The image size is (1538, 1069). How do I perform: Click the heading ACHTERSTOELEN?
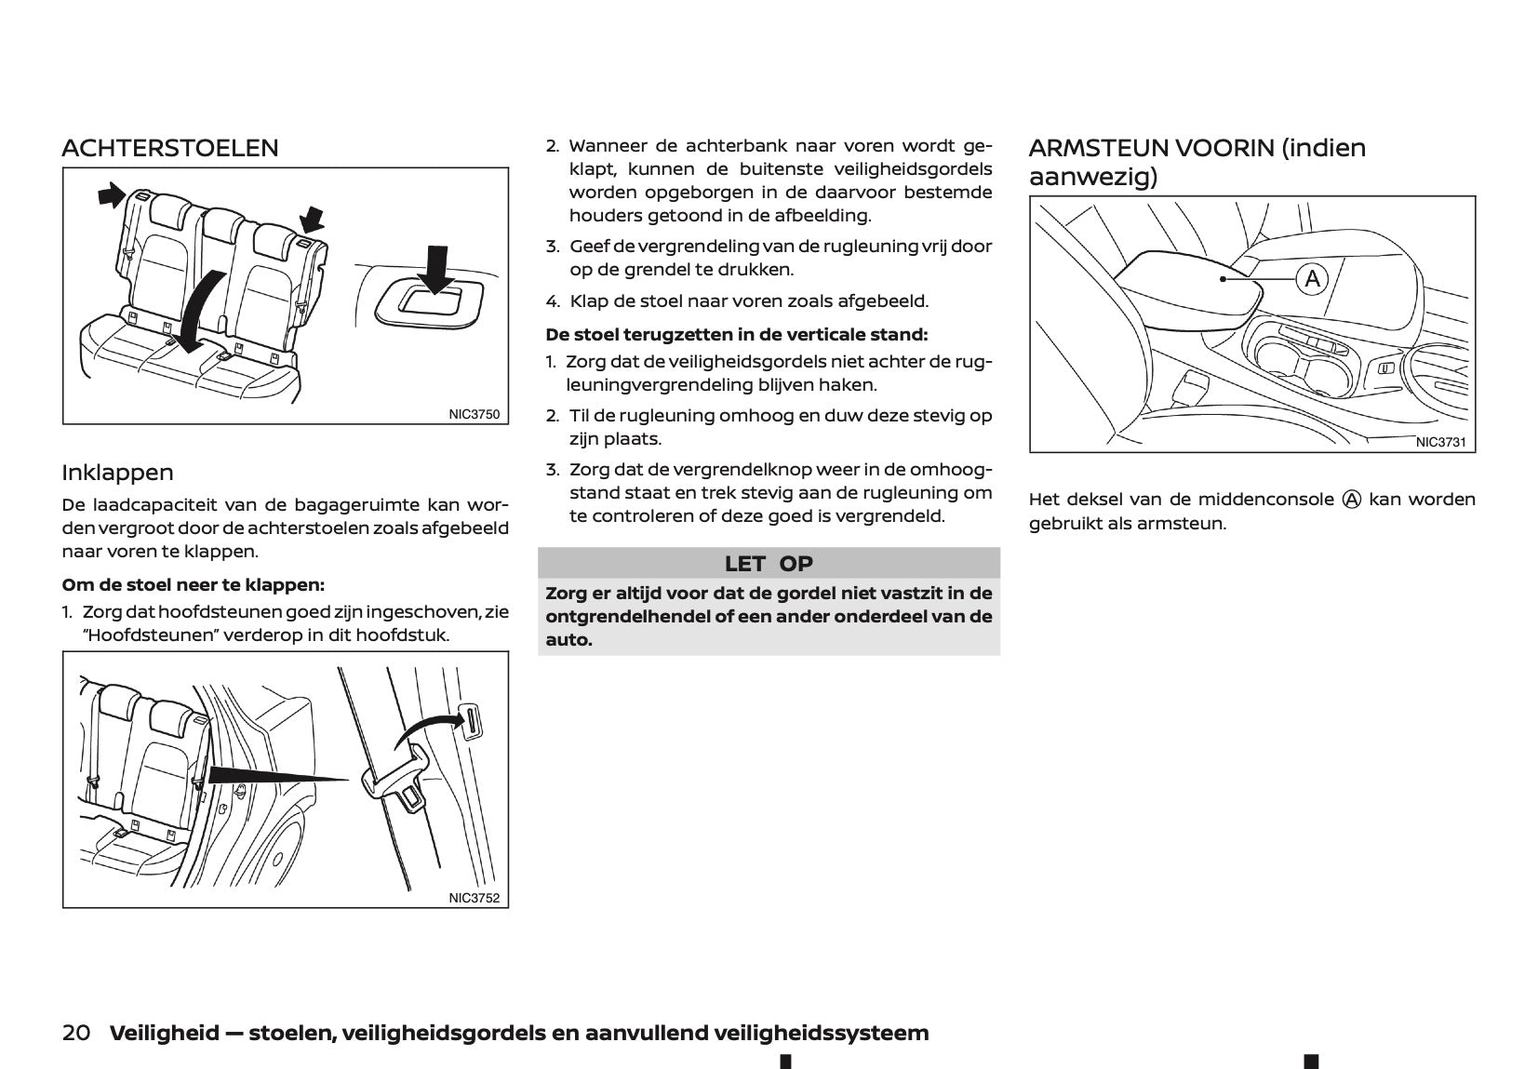[170, 148]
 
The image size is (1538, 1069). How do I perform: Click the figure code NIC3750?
[475, 414]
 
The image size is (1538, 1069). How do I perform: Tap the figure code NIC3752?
[475, 898]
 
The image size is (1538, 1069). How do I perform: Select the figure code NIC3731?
[1440, 442]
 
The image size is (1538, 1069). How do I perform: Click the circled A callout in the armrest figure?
[1312, 278]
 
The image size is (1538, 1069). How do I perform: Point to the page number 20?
[76, 1033]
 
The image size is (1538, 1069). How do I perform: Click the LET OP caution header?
[769, 563]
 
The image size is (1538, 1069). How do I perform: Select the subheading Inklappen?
[117, 473]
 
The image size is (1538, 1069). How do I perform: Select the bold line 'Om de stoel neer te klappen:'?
[194, 585]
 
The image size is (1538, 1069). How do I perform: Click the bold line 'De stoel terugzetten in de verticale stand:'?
[737, 334]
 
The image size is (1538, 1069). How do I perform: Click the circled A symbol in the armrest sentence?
[1351, 500]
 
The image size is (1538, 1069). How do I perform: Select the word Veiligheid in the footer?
[165, 1033]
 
